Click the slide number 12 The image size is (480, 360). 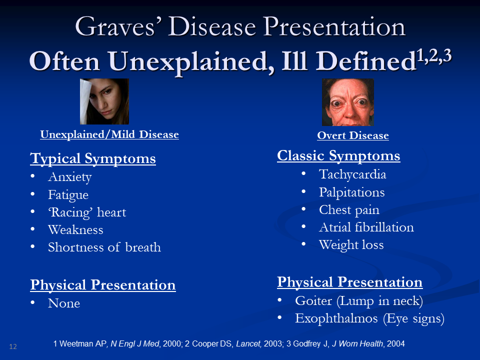pyautogui.click(x=13, y=346)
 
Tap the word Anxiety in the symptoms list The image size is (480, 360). pyautogui.click(x=70, y=177)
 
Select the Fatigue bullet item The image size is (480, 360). pyautogui.click(x=68, y=195)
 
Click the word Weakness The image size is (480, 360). pyautogui.click(x=75, y=229)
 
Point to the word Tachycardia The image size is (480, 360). pyautogui.click(x=352, y=174)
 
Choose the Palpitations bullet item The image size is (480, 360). pyautogui.click(x=351, y=192)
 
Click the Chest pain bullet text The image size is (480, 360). pyautogui.click(x=349, y=210)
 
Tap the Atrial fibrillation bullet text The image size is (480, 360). pyautogui.click(x=366, y=227)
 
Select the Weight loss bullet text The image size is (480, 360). pyautogui.click(x=351, y=244)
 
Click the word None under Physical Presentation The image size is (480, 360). pyautogui.click(x=64, y=303)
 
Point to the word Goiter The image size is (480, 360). pyautogui.click(x=313, y=300)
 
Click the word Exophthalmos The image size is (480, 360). pyautogui.click(x=336, y=318)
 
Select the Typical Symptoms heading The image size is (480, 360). pyautogui.click(x=93, y=158)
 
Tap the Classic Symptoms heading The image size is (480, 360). pyautogui.click(x=338, y=155)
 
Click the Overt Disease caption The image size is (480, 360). pyautogui.click(x=353, y=135)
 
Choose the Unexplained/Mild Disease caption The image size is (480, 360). pyautogui.click(x=109, y=134)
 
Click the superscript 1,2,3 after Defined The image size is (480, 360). pyautogui.click(x=434, y=56)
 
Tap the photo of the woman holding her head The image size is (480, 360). pyautogui.click(x=104, y=101)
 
